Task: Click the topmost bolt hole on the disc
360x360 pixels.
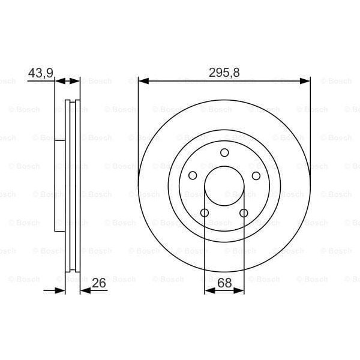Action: click(224, 152)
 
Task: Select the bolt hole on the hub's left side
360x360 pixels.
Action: click(193, 175)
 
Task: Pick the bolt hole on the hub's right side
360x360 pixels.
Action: click(256, 175)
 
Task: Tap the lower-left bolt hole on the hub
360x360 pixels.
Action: click(205, 213)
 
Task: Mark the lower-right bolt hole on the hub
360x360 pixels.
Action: click(244, 213)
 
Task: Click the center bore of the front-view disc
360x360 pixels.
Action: click(224, 186)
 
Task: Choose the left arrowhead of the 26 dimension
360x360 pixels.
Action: click(60, 290)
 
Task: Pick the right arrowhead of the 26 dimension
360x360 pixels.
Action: click(84, 290)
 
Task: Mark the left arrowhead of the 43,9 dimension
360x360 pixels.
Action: click(59, 80)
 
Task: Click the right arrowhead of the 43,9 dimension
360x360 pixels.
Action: click(76, 80)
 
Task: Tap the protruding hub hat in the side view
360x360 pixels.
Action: click(60, 186)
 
